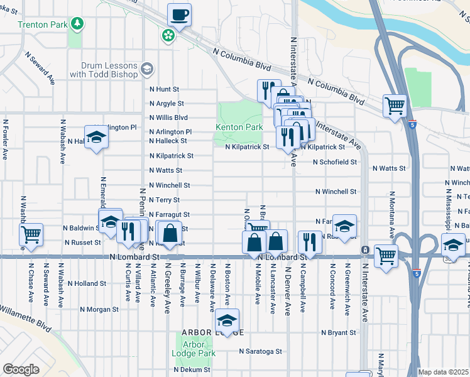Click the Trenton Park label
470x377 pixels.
pyautogui.click(x=41, y=25)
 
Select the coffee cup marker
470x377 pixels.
pyautogui.click(x=180, y=15)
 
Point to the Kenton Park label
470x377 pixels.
pyautogui.click(x=239, y=127)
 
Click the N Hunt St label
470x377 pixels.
pyautogui.click(x=164, y=90)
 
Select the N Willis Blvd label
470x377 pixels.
pyautogui.click(x=168, y=117)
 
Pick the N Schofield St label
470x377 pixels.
pyautogui.click(x=335, y=161)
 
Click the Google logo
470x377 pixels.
pyautogui.click(x=21, y=369)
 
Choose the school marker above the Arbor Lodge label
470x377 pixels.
pyautogui.click(x=226, y=321)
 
